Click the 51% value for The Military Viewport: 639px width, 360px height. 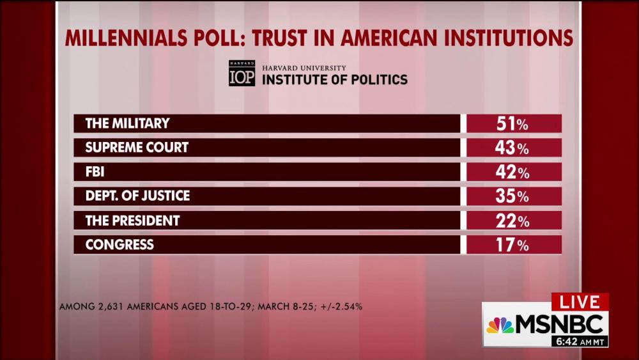(x=512, y=123)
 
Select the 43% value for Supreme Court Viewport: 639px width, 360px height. (x=512, y=148)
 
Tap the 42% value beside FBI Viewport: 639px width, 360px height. (x=512, y=172)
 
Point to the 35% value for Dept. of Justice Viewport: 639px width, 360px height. (x=512, y=196)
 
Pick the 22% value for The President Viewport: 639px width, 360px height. (x=512, y=221)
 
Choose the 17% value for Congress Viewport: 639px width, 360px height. (x=512, y=245)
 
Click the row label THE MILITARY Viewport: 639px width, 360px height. (x=128, y=123)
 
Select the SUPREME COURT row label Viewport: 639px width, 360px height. (x=137, y=148)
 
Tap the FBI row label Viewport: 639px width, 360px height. (x=95, y=172)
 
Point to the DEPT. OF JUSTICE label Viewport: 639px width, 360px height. (x=137, y=196)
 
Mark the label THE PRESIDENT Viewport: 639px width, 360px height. (x=132, y=221)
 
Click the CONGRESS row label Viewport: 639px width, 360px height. (x=119, y=245)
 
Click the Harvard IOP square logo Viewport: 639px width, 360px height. (x=242, y=74)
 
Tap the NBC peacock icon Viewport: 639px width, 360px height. (x=500, y=325)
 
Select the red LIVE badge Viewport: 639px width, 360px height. (x=580, y=302)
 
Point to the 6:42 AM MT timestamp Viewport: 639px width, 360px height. (x=580, y=341)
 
